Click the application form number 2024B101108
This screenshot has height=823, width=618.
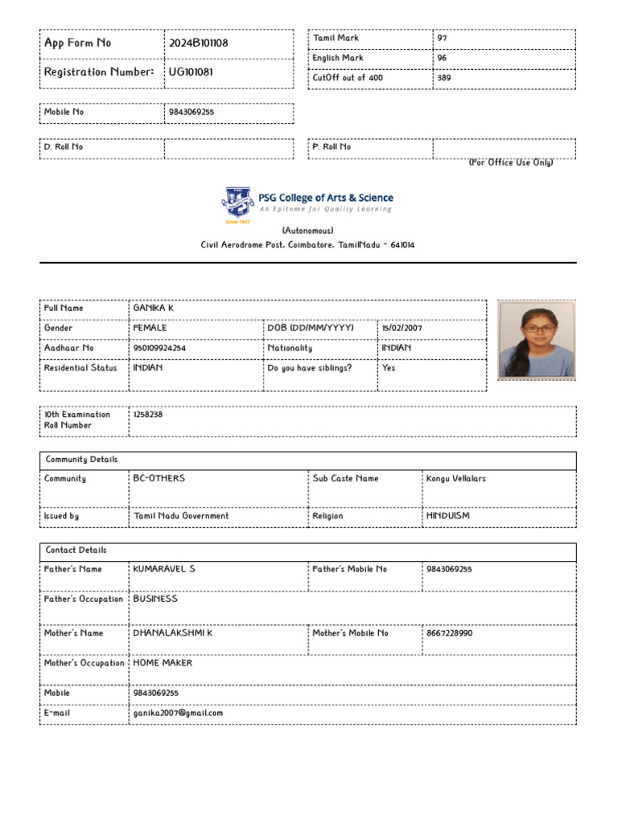click(198, 43)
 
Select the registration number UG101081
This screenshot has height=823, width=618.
click(191, 72)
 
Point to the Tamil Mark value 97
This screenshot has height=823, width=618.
click(442, 39)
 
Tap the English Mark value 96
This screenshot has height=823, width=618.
click(442, 59)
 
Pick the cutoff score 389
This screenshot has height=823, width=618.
click(444, 79)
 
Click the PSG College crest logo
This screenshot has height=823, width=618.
click(237, 204)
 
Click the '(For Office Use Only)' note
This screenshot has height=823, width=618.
click(511, 162)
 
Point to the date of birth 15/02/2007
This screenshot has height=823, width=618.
click(402, 329)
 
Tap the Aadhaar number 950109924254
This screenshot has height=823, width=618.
click(159, 349)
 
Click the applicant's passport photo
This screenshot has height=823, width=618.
click(536, 339)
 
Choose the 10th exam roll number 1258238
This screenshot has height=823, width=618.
click(148, 416)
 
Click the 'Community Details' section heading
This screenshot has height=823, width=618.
click(81, 461)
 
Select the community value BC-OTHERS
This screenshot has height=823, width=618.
click(159, 479)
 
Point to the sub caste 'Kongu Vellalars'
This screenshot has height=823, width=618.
click(456, 479)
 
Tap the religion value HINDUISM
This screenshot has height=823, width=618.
click(448, 517)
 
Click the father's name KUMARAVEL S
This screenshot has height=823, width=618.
click(164, 569)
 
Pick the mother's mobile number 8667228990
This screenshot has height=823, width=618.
click(450, 633)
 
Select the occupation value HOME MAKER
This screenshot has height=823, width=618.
click(163, 664)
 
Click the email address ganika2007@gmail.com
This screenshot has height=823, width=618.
click(178, 713)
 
